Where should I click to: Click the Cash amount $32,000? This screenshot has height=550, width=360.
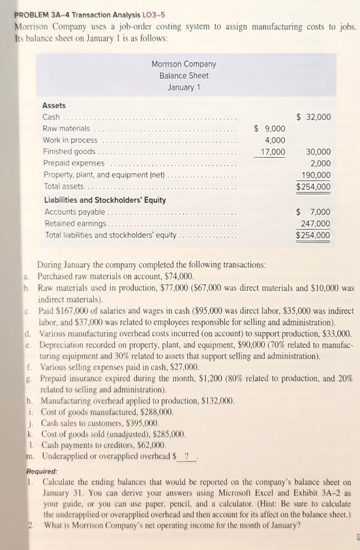pos(314,117)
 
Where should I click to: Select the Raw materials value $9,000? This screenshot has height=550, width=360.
pos(269,129)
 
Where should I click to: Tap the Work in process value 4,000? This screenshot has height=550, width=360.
pos(275,140)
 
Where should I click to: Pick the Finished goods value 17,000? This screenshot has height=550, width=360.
pos(272,152)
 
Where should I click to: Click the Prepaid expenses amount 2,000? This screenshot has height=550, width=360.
pos(320,163)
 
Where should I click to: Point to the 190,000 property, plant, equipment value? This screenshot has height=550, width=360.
pos(316,175)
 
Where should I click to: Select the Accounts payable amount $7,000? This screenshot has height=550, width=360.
pos(314,212)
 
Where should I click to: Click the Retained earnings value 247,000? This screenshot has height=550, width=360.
pos(316,224)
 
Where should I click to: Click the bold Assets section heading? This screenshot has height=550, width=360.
pos(54,105)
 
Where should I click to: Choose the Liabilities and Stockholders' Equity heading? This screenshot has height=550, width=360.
pos(104,200)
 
